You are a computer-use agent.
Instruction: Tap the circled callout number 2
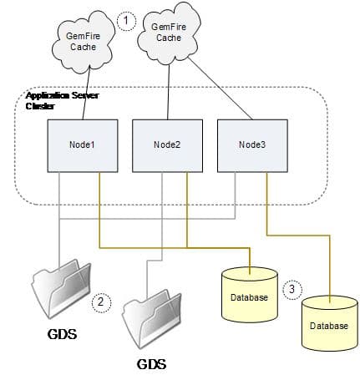101,302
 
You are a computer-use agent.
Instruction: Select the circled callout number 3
289,289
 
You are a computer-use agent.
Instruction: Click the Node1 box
81,144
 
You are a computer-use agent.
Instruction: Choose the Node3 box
252,144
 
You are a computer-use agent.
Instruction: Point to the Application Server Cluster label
63,101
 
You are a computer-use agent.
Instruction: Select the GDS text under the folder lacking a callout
151,364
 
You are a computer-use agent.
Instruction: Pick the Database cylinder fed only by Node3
328,321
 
